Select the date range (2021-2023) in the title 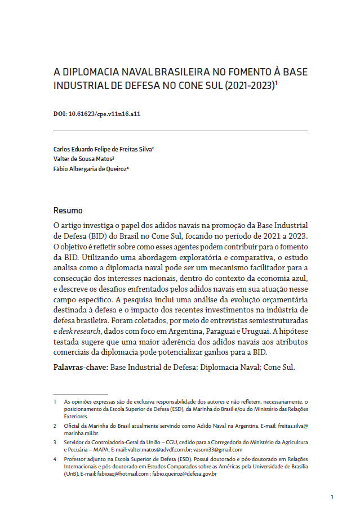(251, 86)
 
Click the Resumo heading (68, 211)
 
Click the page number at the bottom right (332, 497)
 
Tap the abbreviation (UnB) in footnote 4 (72, 474)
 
